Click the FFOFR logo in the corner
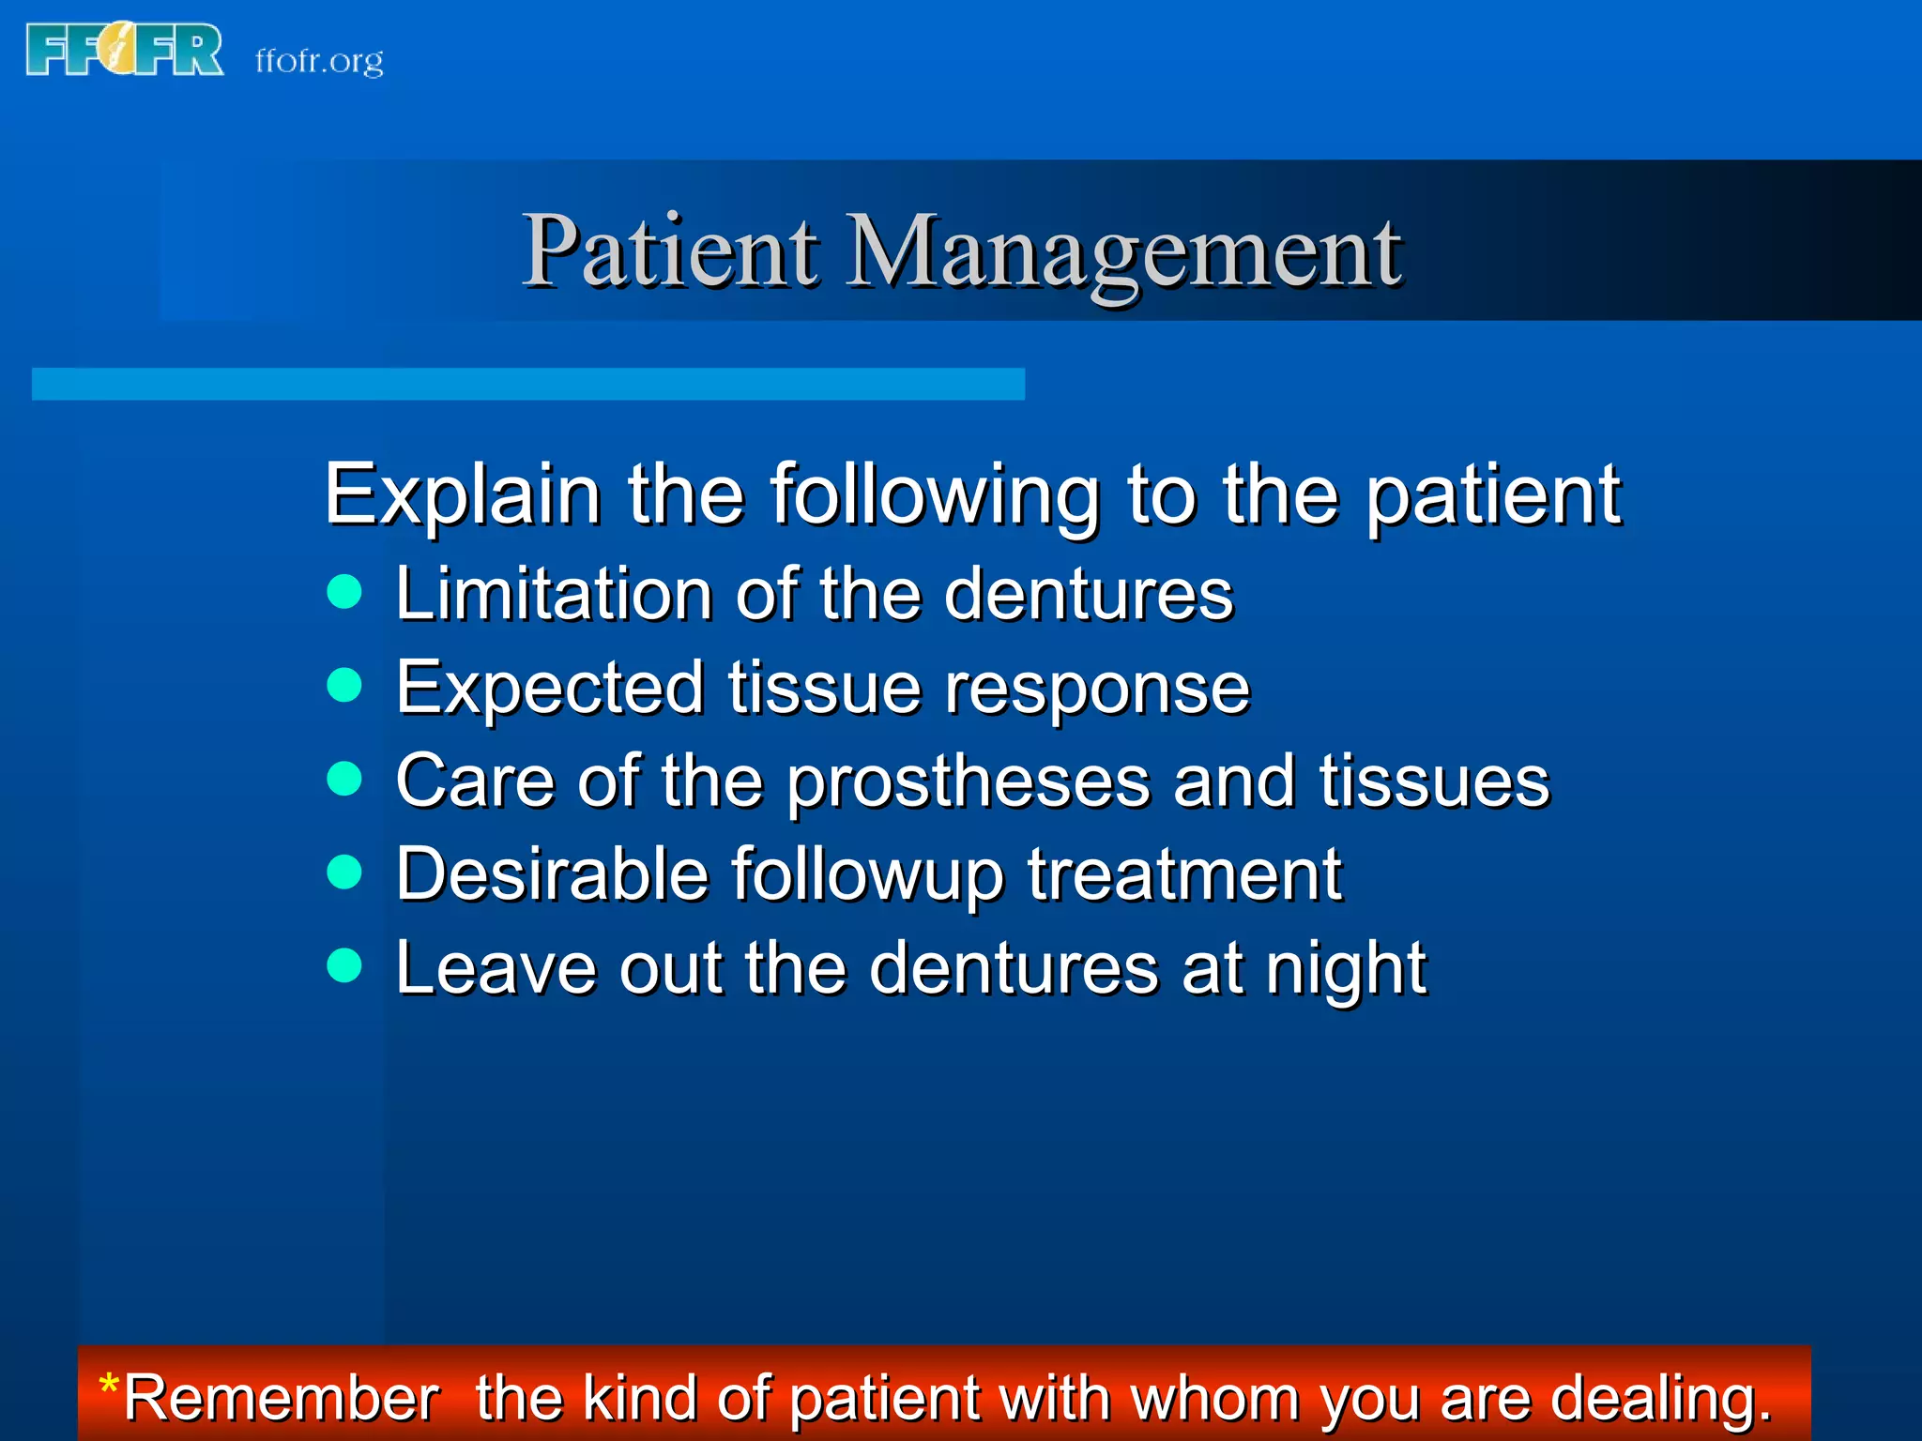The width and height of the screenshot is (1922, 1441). click(125, 50)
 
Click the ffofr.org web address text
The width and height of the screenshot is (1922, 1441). click(319, 61)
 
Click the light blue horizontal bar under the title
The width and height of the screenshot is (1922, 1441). click(527, 384)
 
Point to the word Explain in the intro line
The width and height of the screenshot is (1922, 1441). click(462, 494)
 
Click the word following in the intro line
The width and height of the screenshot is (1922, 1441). click(934, 496)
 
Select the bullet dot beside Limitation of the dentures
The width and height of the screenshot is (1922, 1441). click(344, 591)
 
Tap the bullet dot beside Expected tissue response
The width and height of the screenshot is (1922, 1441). click(344, 684)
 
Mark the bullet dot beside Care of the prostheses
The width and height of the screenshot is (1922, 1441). click(344, 778)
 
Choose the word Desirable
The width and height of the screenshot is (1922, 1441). click(552, 874)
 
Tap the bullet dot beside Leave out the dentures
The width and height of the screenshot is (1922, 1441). click(344, 964)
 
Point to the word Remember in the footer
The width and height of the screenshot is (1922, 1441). click(281, 1398)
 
